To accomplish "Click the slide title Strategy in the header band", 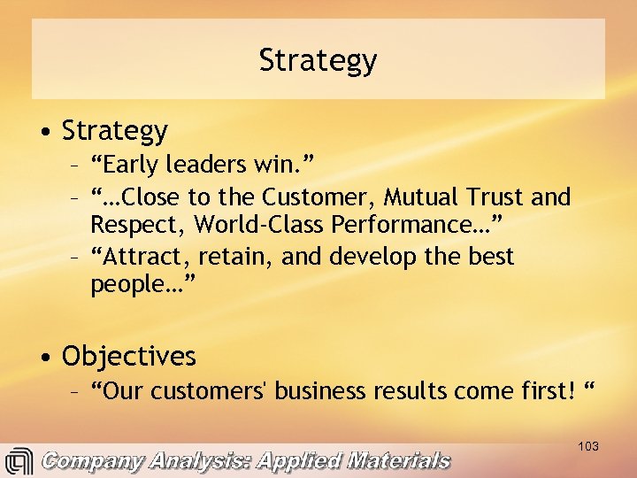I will point(318,60).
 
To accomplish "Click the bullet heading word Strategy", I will point(114,131).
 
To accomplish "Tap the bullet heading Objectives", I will point(128,357).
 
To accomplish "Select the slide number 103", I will point(588,446).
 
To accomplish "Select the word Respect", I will point(139,225).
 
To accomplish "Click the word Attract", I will point(147,257).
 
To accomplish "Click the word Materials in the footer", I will point(397,461).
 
